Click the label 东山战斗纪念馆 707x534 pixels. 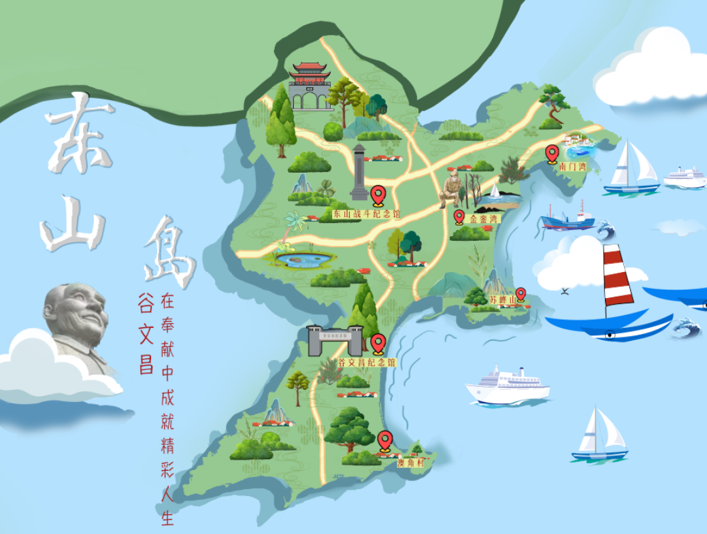pyautogui.click(x=367, y=214)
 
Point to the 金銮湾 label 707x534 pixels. pyautogui.click(x=483, y=219)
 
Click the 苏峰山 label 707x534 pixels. pyautogui.click(x=502, y=299)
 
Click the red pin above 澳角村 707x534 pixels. pyautogui.click(x=385, y=441)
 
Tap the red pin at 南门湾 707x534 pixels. pyautogui.click(x=552, y=153)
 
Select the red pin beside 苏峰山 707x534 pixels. pyautogui.click(x=521, y=294)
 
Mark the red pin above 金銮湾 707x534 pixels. pyautogui.click(x=459, y=216)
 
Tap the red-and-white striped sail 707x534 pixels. pyautogui.click(x=617, y=275)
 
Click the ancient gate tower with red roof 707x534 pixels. pyautogui.click(x=310, y=86)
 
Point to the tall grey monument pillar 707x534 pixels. pyautogui.click(x=359, y=173)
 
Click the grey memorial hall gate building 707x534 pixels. pyautogui.click(x=334, y=341)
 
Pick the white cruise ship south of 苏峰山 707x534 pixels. pyautogui.click(x=507, y=387)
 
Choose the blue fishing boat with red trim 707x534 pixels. pyautogui.click(x=567, y=220)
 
